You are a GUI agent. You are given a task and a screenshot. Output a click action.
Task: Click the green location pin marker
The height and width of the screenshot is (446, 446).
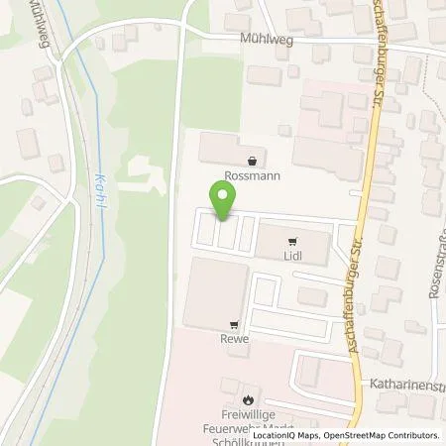tap(223, 200)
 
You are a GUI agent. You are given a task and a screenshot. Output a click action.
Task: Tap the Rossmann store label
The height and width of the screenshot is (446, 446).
tap(254, 176)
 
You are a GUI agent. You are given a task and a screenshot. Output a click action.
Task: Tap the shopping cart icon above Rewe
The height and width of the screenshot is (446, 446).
tap(234, 323)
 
